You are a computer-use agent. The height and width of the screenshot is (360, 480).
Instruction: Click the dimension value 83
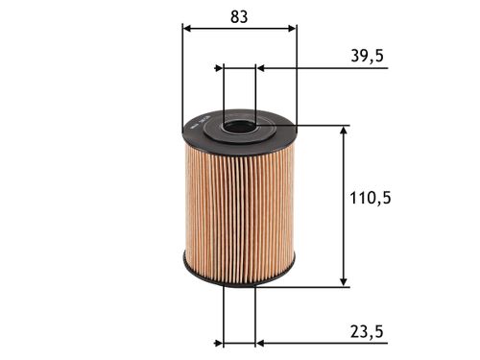[239, 16]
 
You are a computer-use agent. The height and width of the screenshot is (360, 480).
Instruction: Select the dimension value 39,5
[367, 56]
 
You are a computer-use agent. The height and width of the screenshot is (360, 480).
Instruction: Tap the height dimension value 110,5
[371, 198]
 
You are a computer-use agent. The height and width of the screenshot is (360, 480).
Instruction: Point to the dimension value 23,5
[367, 331]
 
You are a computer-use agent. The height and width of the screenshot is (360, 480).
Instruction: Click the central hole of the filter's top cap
[240, 126]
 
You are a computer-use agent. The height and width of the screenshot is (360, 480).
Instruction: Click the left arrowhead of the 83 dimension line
[186, 28]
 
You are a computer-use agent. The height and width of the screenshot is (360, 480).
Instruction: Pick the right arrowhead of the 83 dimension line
[292, 28]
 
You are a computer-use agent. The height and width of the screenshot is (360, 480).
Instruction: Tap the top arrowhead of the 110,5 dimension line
[344, 131]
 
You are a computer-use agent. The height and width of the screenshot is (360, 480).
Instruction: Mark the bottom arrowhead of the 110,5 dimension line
[344, 282]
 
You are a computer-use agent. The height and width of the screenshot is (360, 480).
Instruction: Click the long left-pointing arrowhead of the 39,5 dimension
[261, 68]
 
